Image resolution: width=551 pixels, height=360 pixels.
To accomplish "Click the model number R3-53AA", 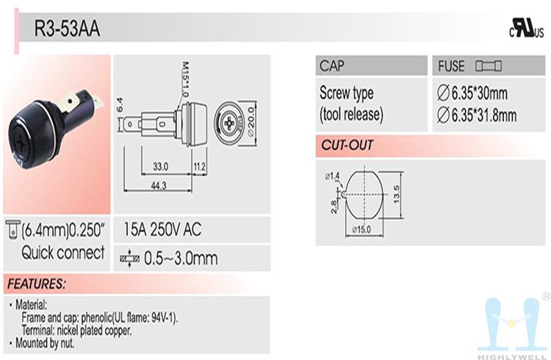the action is [x=67, y=29].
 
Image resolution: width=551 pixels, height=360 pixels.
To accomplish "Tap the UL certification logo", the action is [x=527, y=29].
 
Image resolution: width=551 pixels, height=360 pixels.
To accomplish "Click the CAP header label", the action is [x=332, y=65].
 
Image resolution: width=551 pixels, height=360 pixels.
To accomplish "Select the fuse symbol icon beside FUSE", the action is [x=489, y=65].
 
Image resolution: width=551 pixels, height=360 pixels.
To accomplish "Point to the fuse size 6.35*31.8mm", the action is [x=477, y=115].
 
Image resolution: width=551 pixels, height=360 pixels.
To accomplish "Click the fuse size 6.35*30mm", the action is [x=472, y=93].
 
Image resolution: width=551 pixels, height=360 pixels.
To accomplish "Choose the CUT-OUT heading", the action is [x=347, y=145].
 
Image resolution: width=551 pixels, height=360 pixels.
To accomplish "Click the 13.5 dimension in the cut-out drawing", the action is [x=397, y=194].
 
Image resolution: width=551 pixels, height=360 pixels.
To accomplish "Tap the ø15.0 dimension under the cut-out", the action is [x=361, y=229].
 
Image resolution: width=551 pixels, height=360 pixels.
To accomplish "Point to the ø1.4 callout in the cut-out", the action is [x=332, y=176].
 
